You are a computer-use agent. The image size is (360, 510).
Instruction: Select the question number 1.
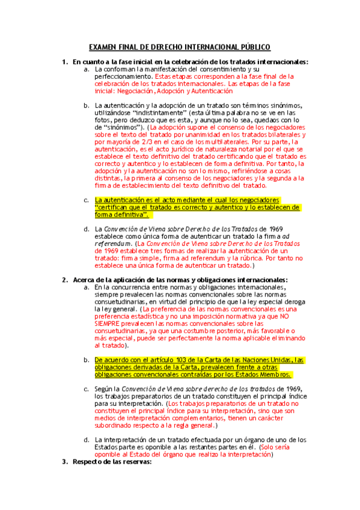[65, 62]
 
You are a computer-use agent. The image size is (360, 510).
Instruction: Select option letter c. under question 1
[87, 200]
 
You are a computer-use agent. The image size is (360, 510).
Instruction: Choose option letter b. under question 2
[87, 360]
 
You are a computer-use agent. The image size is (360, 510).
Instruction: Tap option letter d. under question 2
[87, 440]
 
